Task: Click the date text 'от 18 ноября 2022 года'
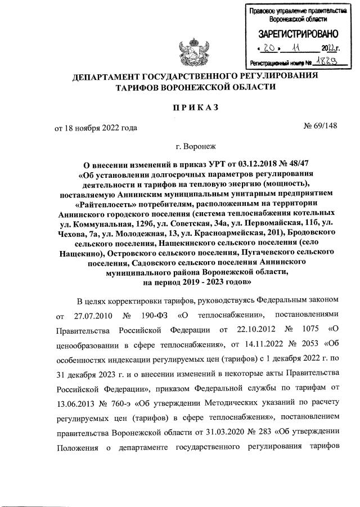pos(96,127)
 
